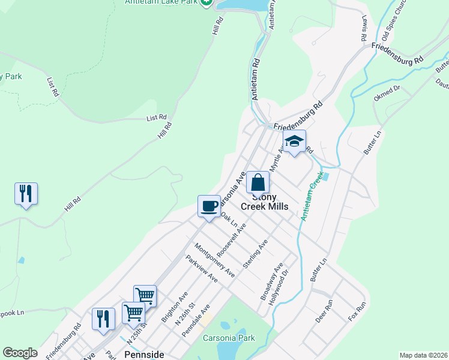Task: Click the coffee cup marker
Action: (209, 206)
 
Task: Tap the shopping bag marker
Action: (258, 182)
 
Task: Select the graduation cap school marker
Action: (294, 142)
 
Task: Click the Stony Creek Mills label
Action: (265, 202)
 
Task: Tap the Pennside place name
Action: (144, 355)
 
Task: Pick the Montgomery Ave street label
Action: (214, 259)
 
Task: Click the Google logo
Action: (20, 353)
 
